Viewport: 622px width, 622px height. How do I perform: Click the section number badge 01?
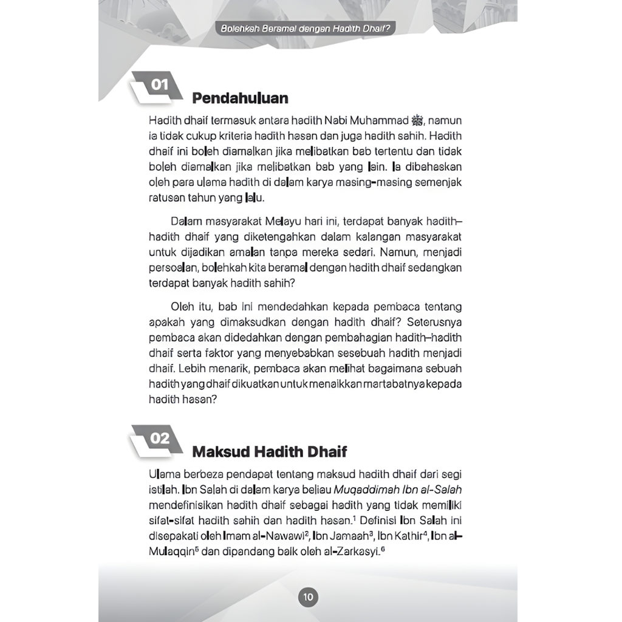pos(160,85)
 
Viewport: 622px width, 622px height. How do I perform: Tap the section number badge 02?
pos(160,438)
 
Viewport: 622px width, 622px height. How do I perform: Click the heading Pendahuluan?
pos(240,98)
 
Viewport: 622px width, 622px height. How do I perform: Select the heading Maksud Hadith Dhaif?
pos(270,451)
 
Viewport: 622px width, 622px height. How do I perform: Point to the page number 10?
pos(308,597)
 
